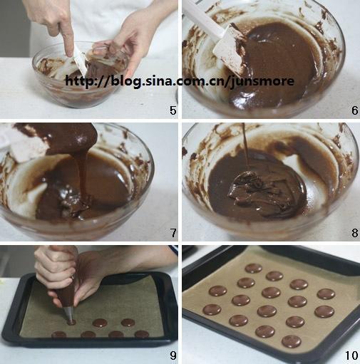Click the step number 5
click(x=173, y=110)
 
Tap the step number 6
click(x=354, y=110)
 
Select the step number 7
click(x=173, y=233)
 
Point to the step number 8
click(x=355, y=233)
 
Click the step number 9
click(x=173, y=355)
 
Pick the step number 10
click(x=351, y=355)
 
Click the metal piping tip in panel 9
click(x=69, y=313)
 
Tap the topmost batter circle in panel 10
click(x=254, y=268)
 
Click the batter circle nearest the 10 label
click(x=292, y=341)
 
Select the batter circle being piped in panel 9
click(x=71, y=322)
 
